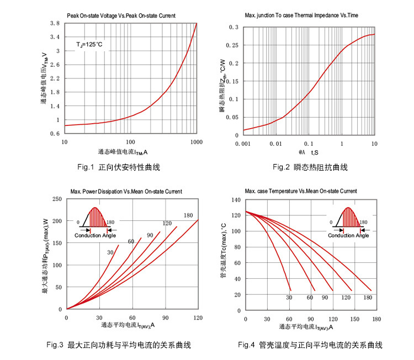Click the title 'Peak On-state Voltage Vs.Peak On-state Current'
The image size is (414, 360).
pyautogui.click(x=121, y=16)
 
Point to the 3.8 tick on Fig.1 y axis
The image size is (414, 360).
pyautogui.click(x=55, y=24)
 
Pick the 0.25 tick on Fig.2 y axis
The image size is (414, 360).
pyautogui.click(x=233, y=45)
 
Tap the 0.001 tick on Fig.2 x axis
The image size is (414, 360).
pyautogui.click(x=243, y=143)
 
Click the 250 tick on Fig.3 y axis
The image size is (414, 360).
pyautogui.click(x=56, y=199)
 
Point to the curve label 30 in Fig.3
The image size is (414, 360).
pyautogui.click(x=111, y=252)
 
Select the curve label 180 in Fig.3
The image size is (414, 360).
pyautogui.click(x=188, y=215)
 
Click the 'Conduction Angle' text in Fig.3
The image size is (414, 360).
pyautogui.click(x=95, y=236)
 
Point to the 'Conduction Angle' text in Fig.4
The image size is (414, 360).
pyautogui.click(x=349, y=236)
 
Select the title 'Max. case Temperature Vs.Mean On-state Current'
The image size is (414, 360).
pyautogui.click(x=301, y=191)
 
